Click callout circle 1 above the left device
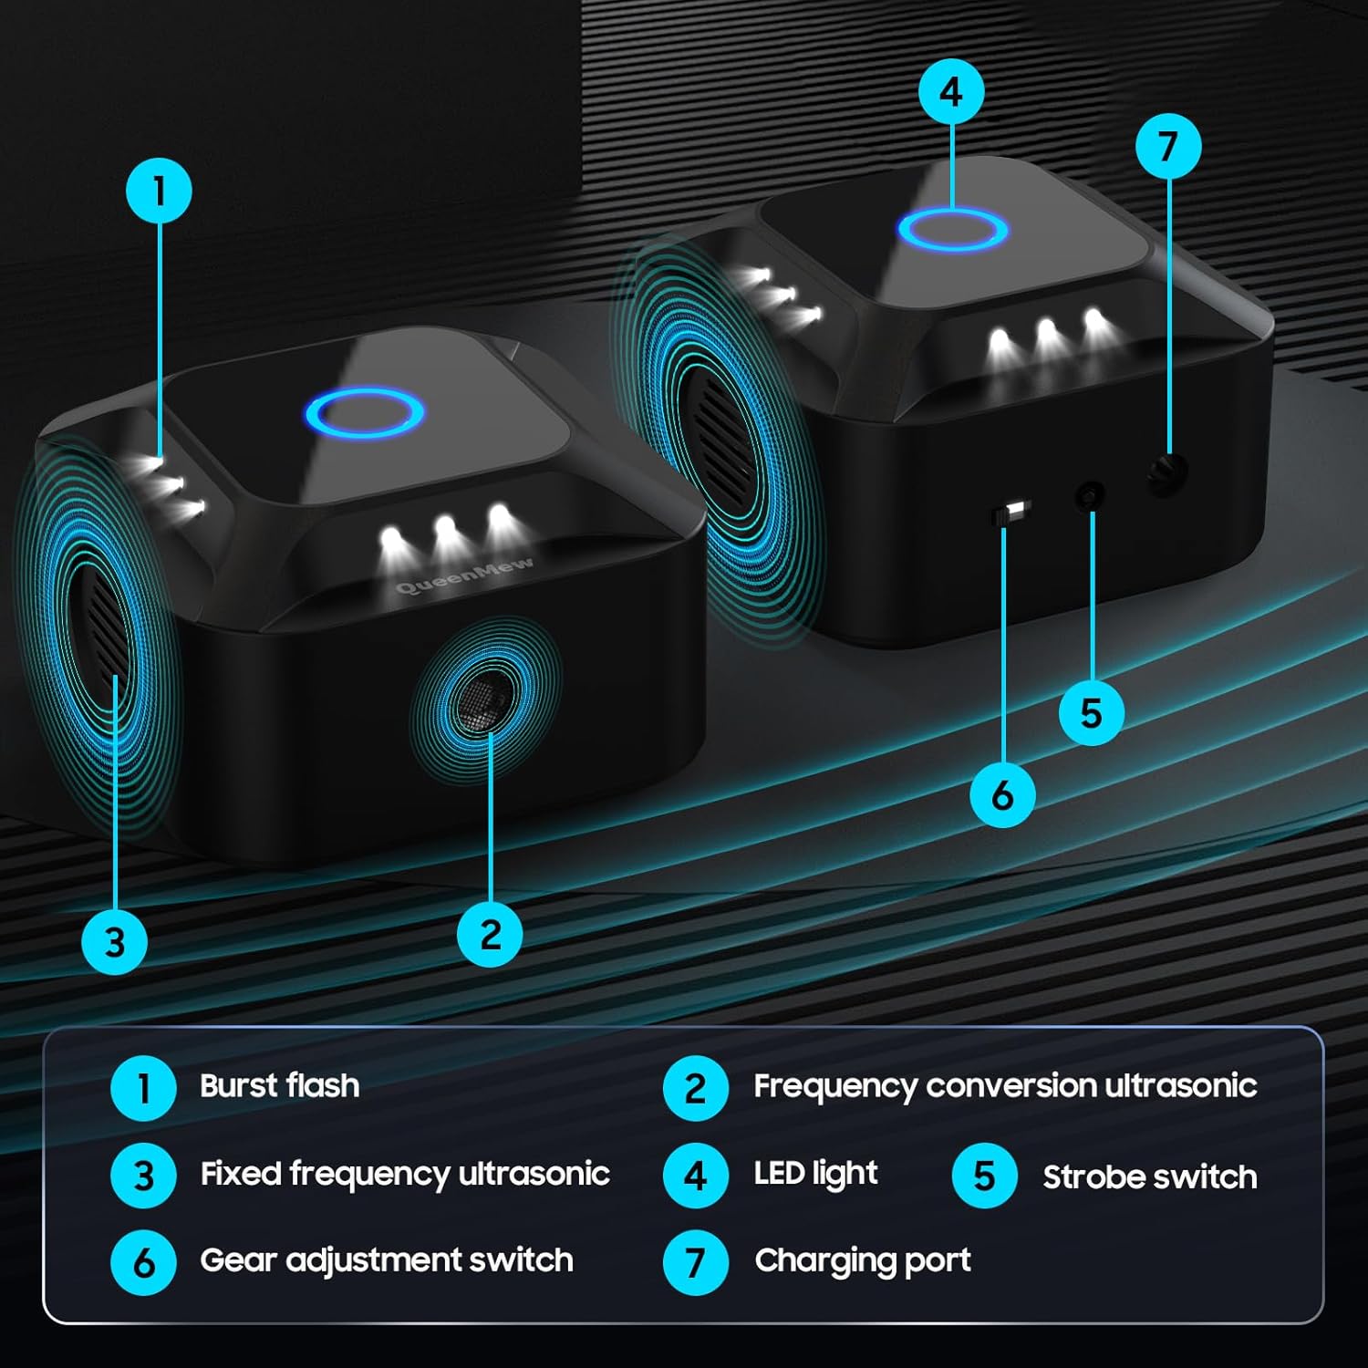159,192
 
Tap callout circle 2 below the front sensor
490,934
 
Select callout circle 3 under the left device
115,941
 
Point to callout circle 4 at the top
951,91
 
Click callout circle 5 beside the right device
1092,712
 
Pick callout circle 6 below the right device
1002,795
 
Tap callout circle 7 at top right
1168,146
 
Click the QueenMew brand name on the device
465,575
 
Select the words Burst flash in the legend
279,1085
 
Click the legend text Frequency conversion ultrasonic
1005,1086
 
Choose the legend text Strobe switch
1150,1176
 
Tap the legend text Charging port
863,1261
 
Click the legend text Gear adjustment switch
387,1261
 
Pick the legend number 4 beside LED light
696,1176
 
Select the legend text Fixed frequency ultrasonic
405,1175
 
